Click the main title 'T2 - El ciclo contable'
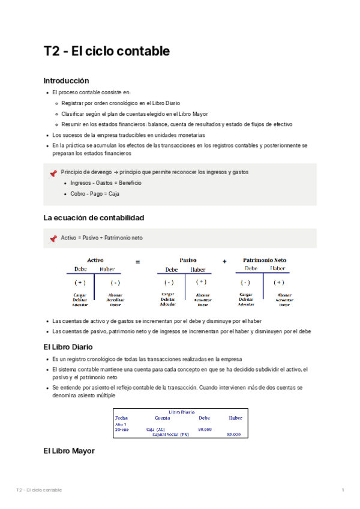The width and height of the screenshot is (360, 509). coord(107,52)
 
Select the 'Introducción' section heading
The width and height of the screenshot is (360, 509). coord(67,80)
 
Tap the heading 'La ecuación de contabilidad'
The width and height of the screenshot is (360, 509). coord(94,217)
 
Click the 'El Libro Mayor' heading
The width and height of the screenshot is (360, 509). coord(69,450)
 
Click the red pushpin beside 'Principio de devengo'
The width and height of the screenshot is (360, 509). coord(53,173)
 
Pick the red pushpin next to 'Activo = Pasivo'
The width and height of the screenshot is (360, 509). coord(53,238)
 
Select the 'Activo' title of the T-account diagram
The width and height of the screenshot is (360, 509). coord(95,260)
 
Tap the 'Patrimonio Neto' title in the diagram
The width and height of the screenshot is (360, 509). coord(265,260)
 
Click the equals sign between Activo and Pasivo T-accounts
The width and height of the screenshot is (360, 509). coord(137,262)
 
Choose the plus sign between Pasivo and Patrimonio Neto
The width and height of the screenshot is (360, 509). coord(224,261)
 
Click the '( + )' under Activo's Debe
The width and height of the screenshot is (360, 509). coord(80,282)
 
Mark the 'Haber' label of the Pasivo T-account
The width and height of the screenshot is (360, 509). coord(197,270)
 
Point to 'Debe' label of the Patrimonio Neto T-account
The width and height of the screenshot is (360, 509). coord(251,268)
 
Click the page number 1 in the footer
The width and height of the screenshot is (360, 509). coord(342,490)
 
